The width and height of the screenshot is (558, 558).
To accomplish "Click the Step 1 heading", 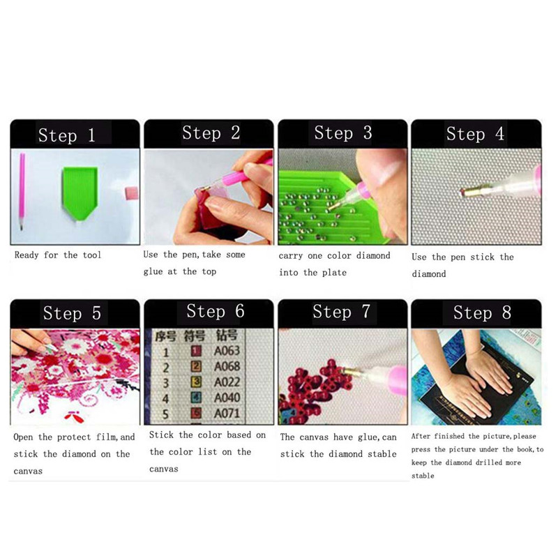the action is pos(66,135).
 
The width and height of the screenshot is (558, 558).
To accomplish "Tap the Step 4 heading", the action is pos(476,134).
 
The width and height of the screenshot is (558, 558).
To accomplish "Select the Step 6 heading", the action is pos(216,311).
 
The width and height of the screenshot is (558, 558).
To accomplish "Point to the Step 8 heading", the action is pos(482,312).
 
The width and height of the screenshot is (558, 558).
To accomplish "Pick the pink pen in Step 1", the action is pos(22,191).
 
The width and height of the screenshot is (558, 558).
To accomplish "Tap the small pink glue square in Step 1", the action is pos(131,193).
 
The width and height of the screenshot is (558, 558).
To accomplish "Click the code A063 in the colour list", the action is pos(227,351).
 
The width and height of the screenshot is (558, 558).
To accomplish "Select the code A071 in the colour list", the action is pos(227,414).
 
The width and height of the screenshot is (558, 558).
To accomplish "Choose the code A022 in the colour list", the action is pos(227,382).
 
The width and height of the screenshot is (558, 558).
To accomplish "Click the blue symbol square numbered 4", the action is pos(196,398).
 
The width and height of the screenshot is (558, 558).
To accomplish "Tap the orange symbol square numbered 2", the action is pos(196,367).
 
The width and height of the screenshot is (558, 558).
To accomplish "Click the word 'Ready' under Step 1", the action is pos(27,255).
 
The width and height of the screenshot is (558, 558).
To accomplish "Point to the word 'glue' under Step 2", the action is pos(153,272).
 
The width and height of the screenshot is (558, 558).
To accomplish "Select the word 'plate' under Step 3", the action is pos(334,273).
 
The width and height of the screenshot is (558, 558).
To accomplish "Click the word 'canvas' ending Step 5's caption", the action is pos(28,472).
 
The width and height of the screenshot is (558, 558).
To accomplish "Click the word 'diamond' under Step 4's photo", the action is pos(429,274).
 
